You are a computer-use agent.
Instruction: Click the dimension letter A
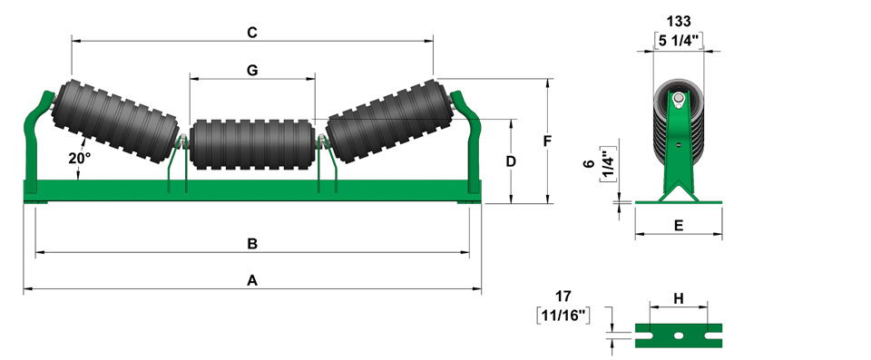tap(252, 280)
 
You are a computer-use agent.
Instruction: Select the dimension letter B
tap(252, 244)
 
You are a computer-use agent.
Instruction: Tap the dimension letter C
tap(252, 33)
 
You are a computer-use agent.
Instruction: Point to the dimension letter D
tap(511, 161)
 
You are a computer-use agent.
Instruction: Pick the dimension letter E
tap(679, 225)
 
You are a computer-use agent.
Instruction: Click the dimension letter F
tap(547, 141)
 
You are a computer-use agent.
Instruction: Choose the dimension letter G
tap(252, 70)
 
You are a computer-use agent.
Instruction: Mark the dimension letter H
tap(679, 298)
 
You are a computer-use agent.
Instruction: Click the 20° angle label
tap(80, 159)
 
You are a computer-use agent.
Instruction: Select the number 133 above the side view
tap(679, 21)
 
